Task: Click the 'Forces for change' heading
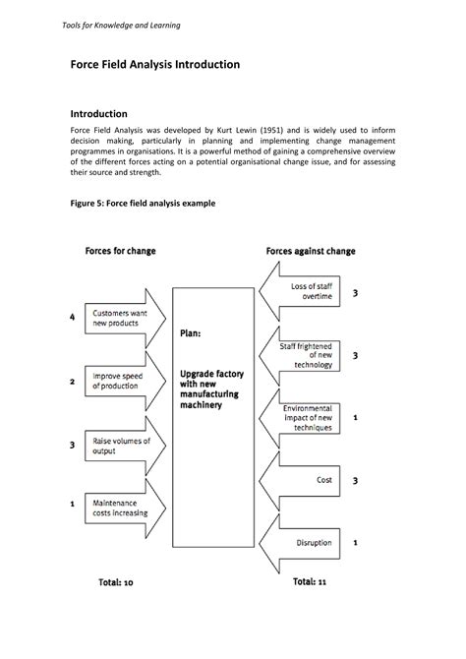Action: point(120,251)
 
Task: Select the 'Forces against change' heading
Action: point(311,251)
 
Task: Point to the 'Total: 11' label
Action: point(309,582)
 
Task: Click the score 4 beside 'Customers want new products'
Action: point(72,317)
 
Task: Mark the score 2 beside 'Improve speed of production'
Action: point(72,381)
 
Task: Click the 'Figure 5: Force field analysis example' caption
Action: point(143,203)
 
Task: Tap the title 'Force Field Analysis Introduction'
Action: point(154,64)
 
